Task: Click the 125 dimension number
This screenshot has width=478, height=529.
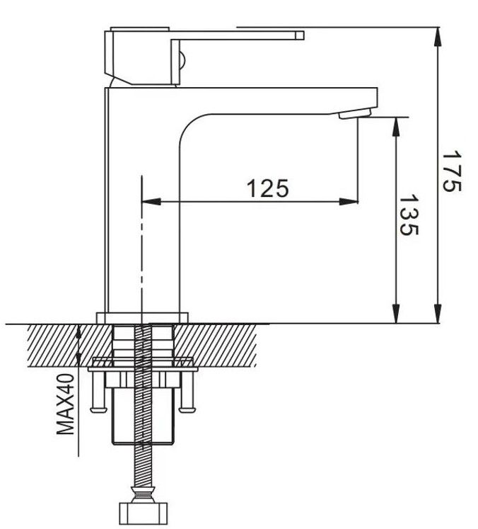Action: (x=267, y=188)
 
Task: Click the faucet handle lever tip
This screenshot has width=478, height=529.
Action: (x=298, y=35)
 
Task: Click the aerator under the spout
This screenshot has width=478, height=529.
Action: (x=354, y=114)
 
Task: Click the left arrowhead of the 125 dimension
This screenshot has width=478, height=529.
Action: (x=150, y=202)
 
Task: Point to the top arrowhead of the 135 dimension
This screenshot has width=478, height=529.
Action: (x=397, y=124)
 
